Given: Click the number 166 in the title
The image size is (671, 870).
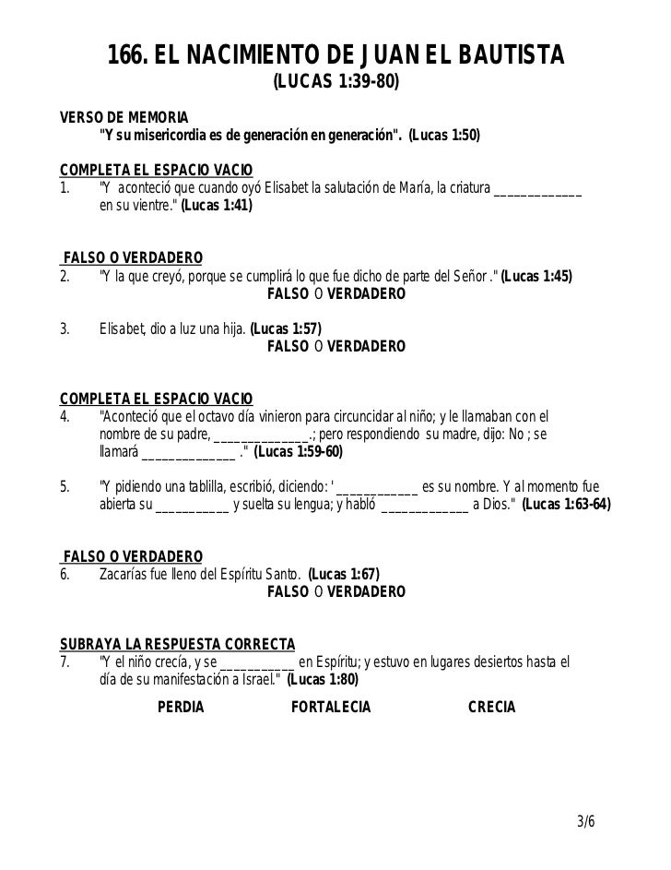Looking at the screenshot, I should tap(127, 57).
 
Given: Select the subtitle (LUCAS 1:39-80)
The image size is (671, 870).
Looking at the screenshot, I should tap(335, 84).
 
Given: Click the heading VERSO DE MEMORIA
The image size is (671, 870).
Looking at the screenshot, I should tap(123, 119).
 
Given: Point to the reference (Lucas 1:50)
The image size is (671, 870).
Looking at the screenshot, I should tap(443, 137).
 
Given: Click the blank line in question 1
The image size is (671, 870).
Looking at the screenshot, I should tap(538, 191).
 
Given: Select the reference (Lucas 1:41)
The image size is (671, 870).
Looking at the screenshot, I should tap(216, 208).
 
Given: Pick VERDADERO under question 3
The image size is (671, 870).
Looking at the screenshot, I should tap(366, 347).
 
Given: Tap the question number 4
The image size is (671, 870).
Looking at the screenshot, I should tap(65, 416).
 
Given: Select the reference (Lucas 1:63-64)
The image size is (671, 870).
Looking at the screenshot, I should tap(565, 506).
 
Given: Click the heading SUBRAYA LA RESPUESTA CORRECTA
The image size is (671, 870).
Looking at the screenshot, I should tap(177, 643).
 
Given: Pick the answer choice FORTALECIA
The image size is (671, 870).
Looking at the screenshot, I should tap(330, 708).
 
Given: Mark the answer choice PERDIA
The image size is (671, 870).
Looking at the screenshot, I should tap(181, 708).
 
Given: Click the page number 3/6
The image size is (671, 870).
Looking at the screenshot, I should tap(585, 820).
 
